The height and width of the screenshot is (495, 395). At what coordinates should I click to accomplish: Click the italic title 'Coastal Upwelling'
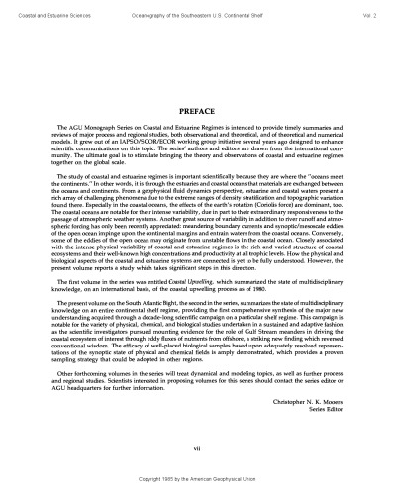click(189, 308)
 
